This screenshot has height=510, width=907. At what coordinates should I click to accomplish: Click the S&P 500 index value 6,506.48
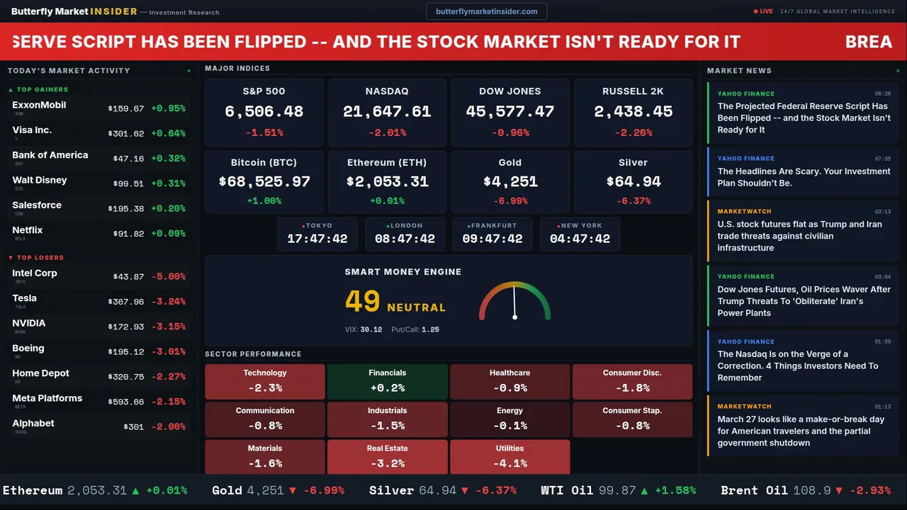point(264,112)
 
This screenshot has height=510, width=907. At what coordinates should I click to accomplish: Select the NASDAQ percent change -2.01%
point(387,132)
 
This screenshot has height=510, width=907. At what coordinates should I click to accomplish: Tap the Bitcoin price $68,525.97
point(264,182)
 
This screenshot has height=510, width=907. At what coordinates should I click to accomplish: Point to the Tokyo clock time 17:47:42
point(317,239)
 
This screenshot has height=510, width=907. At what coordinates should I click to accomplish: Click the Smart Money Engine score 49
point(363,302)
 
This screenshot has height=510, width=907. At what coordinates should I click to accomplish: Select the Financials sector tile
point(387,381)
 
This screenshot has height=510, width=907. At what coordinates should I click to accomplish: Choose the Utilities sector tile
point(509,457)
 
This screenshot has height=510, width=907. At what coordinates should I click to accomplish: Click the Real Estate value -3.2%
point(387,463)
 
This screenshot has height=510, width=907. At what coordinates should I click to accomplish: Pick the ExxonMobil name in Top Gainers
point(39,105)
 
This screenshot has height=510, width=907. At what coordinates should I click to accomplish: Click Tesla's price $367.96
point(126,302)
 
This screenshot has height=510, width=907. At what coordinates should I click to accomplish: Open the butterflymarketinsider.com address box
point(486,11)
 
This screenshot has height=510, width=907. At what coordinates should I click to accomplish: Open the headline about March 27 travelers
point(801,431)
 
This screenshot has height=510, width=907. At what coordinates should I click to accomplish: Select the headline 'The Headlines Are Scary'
point(804,177)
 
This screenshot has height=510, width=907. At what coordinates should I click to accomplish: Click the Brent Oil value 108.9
point(811,490)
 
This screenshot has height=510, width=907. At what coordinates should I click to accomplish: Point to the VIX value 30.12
point(371,329)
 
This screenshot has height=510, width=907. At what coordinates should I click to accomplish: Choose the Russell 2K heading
point(633,91)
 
